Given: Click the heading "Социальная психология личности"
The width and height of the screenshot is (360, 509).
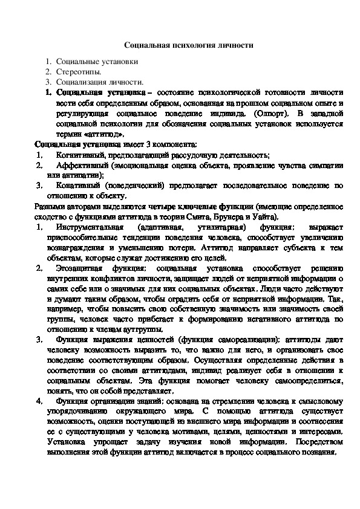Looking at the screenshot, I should [180, 45].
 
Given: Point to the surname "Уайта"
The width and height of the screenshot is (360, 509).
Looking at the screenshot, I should [266, 216].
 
